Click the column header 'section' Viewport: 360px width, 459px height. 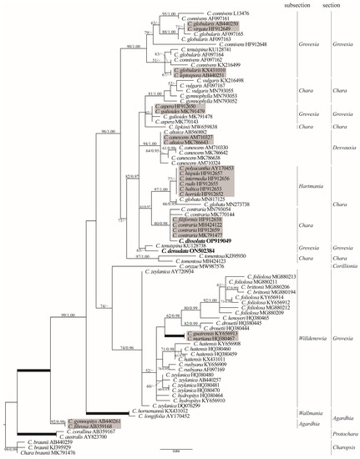click(x=338, y=6)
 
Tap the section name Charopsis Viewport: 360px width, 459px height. click(x=338, y=447)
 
